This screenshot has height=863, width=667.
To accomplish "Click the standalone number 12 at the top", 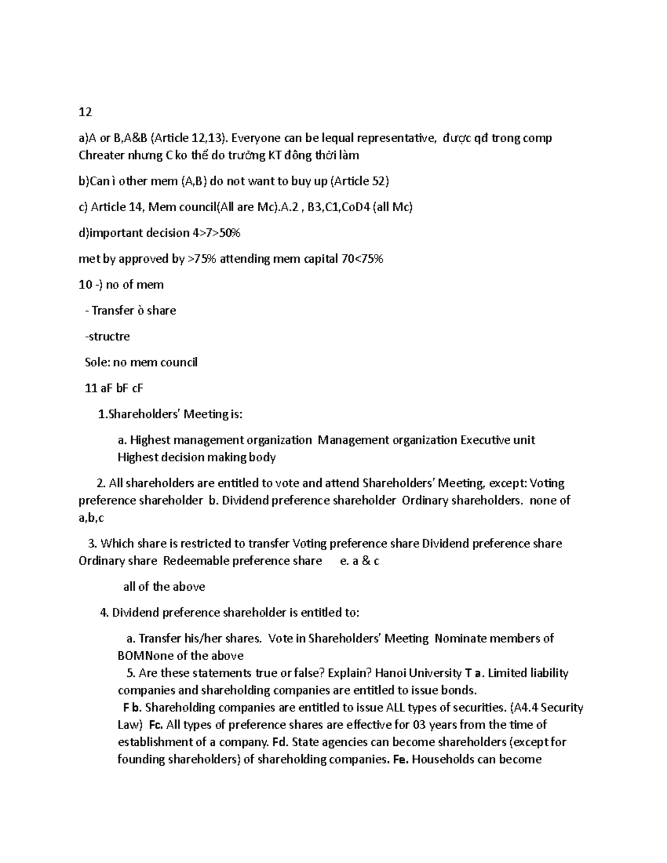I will (x=85, y=112).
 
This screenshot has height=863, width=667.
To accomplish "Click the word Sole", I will (x=97, y=362).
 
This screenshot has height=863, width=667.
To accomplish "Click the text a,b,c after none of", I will (x=91, y=518).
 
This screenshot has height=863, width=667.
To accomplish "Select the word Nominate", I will (x=459, y=638).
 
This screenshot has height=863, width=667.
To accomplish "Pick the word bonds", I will (x=461, y=691).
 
